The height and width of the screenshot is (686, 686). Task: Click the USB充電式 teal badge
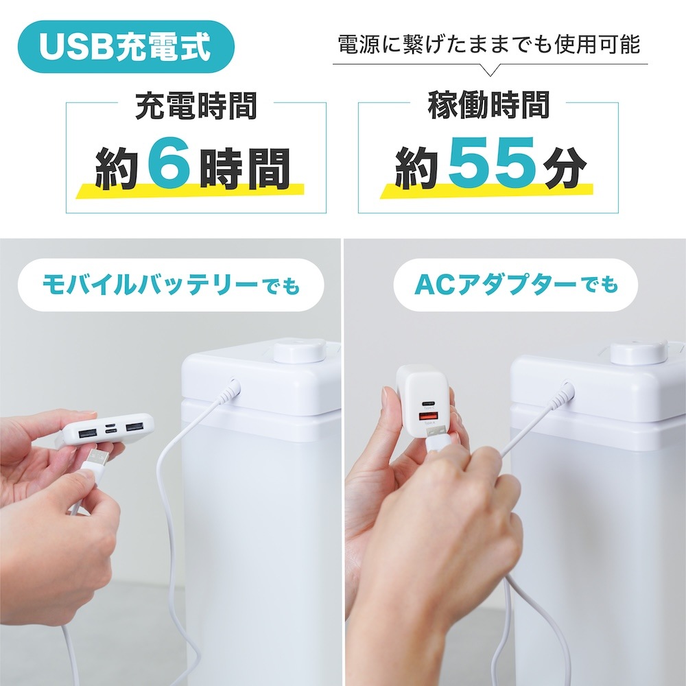pyautogui.click(x=124, y=47)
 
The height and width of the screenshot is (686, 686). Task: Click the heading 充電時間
pyautogui.click(x=196, y=107)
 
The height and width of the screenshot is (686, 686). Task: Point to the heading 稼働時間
pyautogui.click(x=488, y=107)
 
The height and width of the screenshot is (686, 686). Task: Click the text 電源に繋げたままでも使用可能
pyautogui.click(x=489, y=45)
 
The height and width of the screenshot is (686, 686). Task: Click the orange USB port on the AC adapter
pyautogui.click(x=427, y=416)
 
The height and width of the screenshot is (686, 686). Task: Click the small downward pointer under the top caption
pyautogui.click(x=490, y=70)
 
